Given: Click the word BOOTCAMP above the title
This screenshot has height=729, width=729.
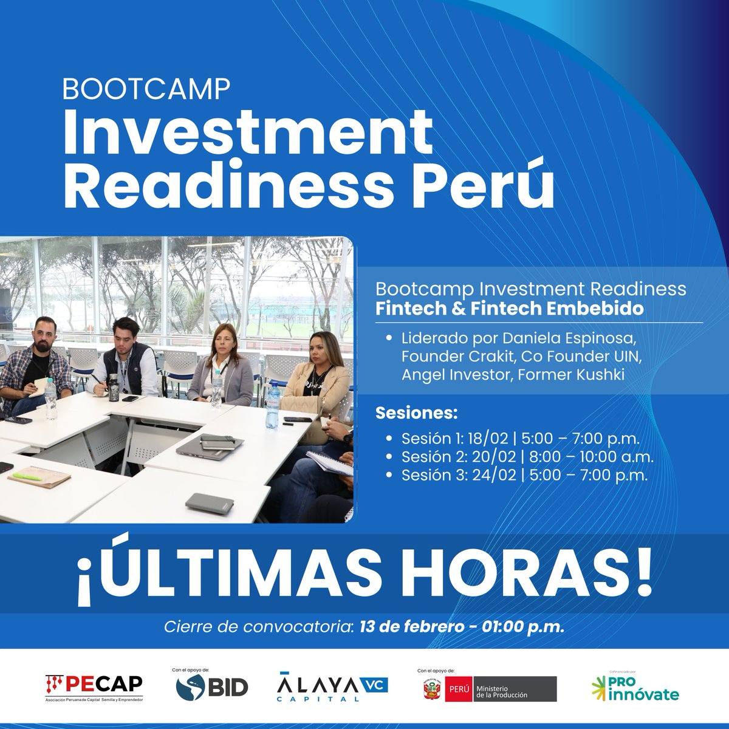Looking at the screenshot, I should pos(146,89).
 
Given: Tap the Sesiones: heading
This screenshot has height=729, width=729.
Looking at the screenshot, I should pos(416,414).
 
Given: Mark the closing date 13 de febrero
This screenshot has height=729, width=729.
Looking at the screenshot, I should pos(412,627).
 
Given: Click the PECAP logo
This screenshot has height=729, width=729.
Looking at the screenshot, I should pos(94,688).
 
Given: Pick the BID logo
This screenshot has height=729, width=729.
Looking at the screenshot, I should pos(212,686).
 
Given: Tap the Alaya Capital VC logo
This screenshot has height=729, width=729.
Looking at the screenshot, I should pos(332,686).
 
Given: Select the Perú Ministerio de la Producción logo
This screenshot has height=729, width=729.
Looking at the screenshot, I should pos(489,689).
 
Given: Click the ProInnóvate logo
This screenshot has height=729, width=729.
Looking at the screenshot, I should pos(635,687).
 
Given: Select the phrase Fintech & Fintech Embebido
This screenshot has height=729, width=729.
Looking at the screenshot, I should pos(509,309).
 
